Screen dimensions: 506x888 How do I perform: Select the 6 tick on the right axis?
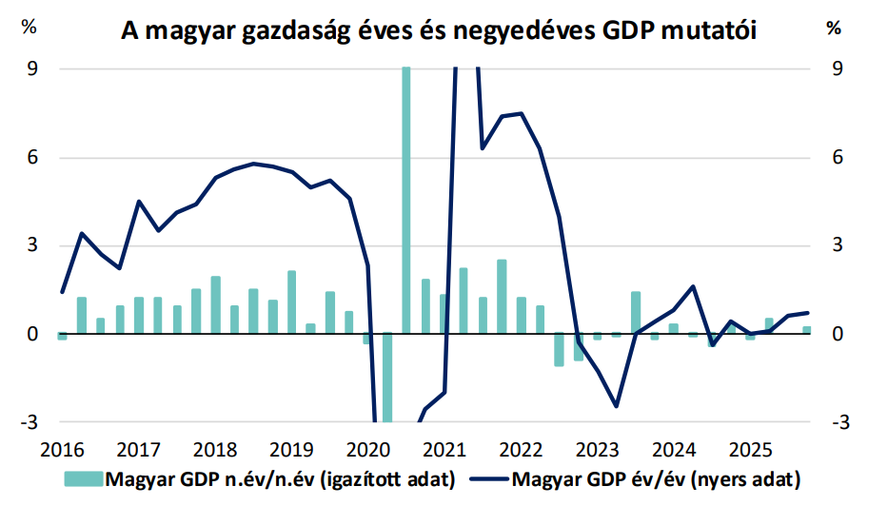[x=838, y=157]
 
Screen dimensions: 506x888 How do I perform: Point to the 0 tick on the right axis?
[x=838, y=334]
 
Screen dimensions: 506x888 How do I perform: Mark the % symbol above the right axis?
[x=834, y=28]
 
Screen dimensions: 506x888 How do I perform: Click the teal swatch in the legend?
[x=85, y=477]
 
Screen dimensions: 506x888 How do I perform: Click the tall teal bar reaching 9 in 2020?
[x=406, y=200]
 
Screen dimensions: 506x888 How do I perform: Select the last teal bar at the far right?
[x=807, y=330]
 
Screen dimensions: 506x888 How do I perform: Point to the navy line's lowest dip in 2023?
[x=617, y=406]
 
